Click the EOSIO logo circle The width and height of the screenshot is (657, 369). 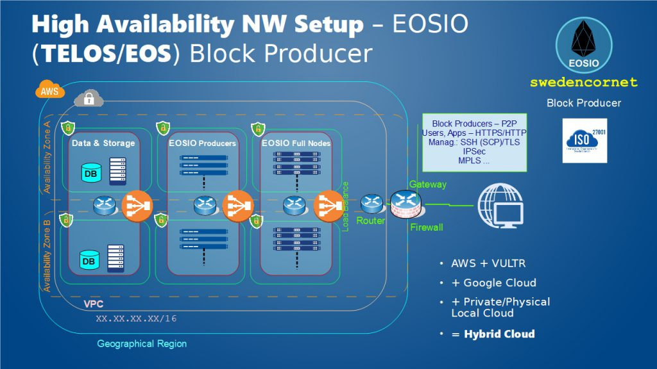(583, 45)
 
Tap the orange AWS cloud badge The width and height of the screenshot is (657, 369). (49, 90)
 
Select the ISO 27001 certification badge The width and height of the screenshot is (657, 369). (584, 140)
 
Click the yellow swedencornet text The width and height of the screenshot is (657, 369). (584, 83)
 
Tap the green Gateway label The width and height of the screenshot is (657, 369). (427, 184)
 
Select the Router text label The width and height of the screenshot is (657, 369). (371, 221)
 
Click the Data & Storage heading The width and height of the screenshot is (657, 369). (103, 143)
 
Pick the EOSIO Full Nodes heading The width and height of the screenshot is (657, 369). (296, 143)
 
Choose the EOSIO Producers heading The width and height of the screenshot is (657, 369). (202, 143)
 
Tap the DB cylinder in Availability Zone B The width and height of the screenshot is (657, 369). (89, 261)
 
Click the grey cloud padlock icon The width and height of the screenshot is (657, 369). (89, 98)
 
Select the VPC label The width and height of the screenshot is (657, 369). (94, 304)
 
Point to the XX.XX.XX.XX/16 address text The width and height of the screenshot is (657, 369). (136, 318)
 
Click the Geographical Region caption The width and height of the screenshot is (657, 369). (142, 344)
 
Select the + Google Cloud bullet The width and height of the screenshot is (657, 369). (493, 283)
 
